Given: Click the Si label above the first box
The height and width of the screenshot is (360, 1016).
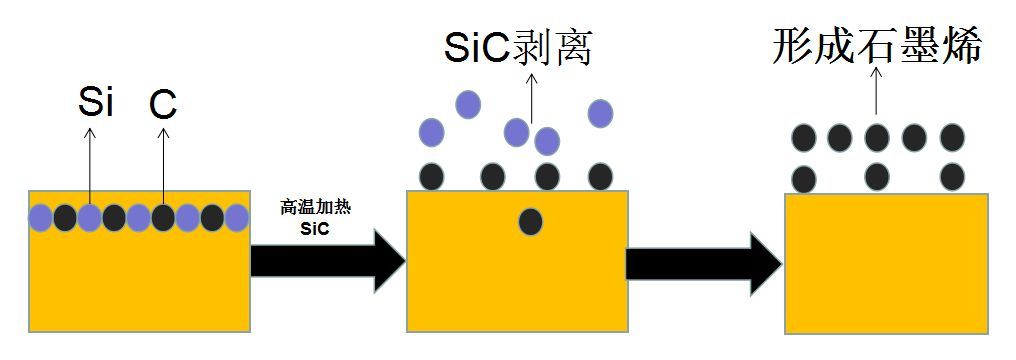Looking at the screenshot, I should [x=95, y=103].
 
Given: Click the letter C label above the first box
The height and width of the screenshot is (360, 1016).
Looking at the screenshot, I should [x=163, y=103].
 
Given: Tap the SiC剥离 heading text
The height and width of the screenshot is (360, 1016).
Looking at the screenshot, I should [x=519, y=46].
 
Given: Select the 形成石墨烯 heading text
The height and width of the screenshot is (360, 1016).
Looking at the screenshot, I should [x=877, y=46].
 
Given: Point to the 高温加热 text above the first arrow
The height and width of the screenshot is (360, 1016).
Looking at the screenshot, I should [x=316, y=208].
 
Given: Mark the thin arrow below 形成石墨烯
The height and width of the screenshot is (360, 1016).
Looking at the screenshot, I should [x=877, y=95].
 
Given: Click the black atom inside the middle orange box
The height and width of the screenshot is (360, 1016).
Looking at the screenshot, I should [x=531, y=221].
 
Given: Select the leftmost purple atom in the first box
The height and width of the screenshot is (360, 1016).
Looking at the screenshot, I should [x=41, y=217].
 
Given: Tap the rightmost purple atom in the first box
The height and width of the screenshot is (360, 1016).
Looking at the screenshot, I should [x=236, y=217].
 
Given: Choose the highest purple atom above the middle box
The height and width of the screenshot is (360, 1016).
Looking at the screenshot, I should [x=467, y=103].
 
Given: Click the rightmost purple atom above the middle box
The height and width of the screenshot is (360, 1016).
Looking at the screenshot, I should [x=600, y=113].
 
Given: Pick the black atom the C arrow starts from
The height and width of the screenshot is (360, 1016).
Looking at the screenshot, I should [x=163, y=217].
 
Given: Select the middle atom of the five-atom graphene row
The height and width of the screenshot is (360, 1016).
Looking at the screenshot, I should [x=877, y=137].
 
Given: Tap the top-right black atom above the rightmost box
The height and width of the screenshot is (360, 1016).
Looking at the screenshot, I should [x=952, y=137].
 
